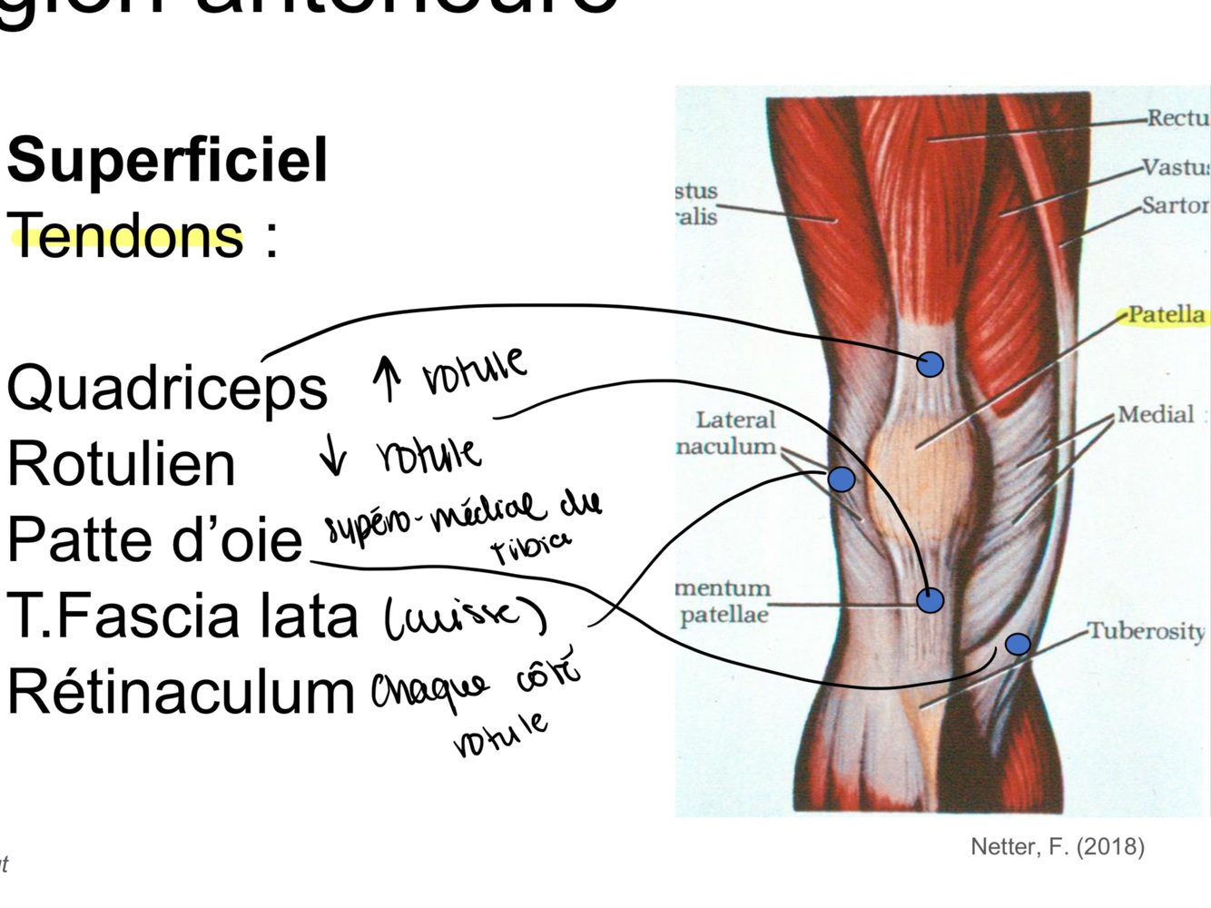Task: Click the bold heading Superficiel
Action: point(167,160)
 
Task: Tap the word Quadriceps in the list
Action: point(166,387)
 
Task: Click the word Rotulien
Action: point(121,463)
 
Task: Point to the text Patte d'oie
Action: point(154,539)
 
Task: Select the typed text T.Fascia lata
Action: point(182,616)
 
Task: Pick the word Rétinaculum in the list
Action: point(181,692)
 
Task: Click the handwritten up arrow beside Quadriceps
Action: point(388,377)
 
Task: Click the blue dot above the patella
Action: point(930,365)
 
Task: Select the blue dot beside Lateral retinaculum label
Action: point(842,479)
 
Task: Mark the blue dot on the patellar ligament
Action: point(930,600)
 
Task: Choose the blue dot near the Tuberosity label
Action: point(1018,644)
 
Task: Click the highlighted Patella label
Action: point(1166,315)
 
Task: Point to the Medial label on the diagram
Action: point(1156,415)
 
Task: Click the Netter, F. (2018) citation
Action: point(1057,846)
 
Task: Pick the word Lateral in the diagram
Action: point(735,419)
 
